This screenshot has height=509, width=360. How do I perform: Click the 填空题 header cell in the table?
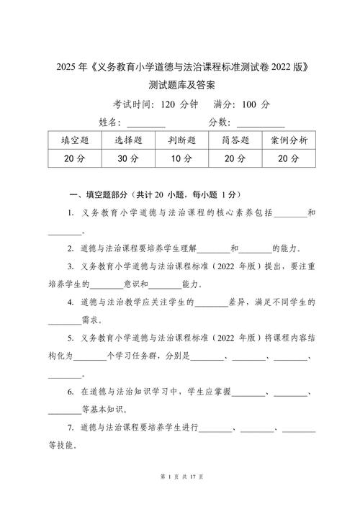tap(75, 140)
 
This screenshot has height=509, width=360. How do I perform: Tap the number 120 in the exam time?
tap(168, 104)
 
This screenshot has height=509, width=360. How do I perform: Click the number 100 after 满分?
tap(249, 104)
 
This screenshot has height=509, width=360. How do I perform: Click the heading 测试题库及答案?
tap(179, 86)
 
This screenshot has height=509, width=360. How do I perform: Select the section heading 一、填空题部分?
tap(97, 195)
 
